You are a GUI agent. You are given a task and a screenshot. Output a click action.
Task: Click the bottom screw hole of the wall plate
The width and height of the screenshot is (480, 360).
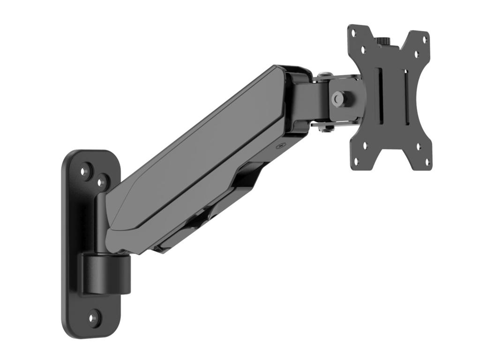click(x=94, y=317)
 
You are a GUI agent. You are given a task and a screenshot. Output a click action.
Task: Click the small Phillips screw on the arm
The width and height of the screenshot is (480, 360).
click(x=281, y=146)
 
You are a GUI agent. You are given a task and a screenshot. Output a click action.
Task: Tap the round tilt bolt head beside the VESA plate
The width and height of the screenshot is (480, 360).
click(x=337, y=98)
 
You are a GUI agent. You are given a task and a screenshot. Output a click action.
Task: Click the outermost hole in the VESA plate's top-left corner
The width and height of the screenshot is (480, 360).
click(x=354, y=34)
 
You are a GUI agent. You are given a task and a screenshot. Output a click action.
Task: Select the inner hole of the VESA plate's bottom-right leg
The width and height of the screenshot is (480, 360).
click(x=418, y=147)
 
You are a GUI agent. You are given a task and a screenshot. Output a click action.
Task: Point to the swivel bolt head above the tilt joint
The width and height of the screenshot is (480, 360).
click(x=325, y=75)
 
